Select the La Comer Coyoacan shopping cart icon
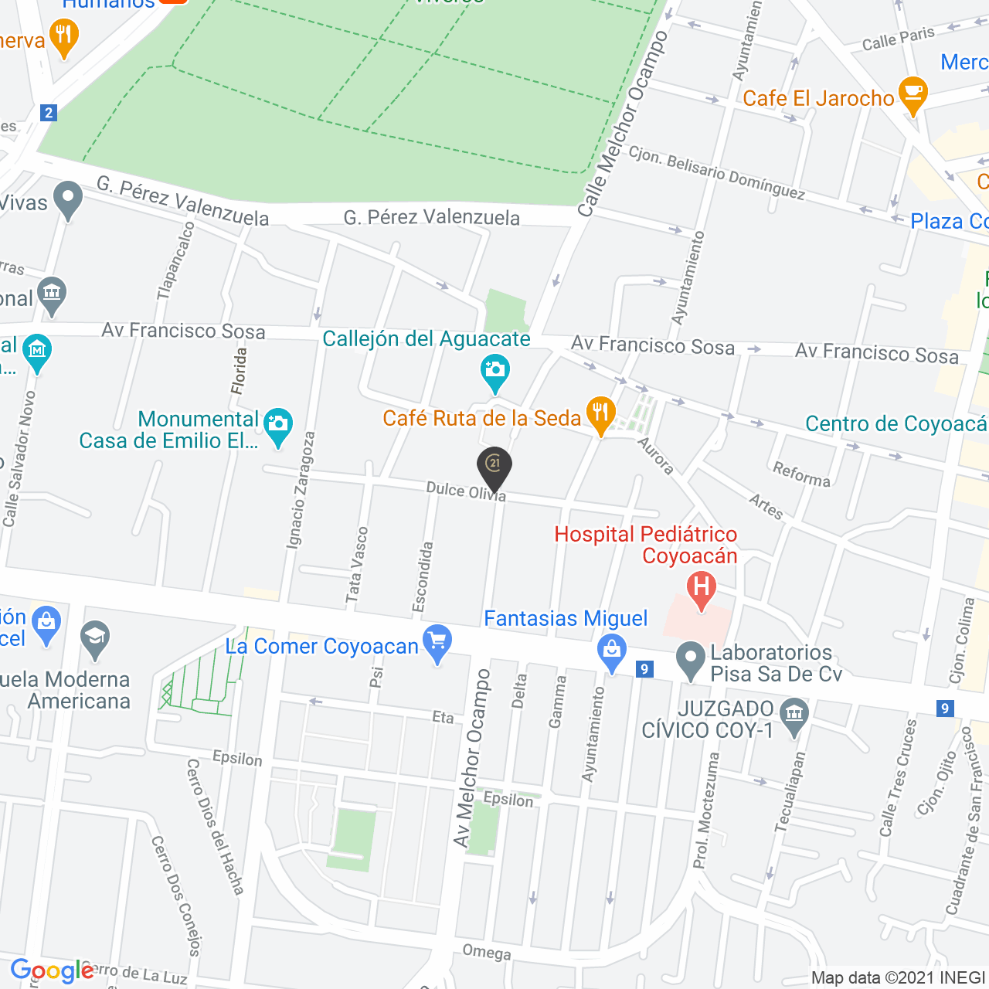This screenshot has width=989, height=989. tap(438, 641)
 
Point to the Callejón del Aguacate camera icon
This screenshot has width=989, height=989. tap(494, 370)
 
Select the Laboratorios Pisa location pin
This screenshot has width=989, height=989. tap(688, 660)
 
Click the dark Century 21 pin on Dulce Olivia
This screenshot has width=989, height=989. tap(494, 466)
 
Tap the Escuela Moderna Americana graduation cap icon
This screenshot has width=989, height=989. tap(95, 638)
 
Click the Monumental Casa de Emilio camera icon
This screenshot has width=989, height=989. tap(278, 426)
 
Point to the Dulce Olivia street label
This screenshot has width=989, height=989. tap(466, 491)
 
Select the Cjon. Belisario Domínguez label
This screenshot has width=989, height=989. tap(716, 172)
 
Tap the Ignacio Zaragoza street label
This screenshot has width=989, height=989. tap(301, 490)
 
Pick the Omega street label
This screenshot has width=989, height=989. tap(487, 952)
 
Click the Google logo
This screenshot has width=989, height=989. tap(52, 970)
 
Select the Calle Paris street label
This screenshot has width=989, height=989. tap(898, 39)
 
